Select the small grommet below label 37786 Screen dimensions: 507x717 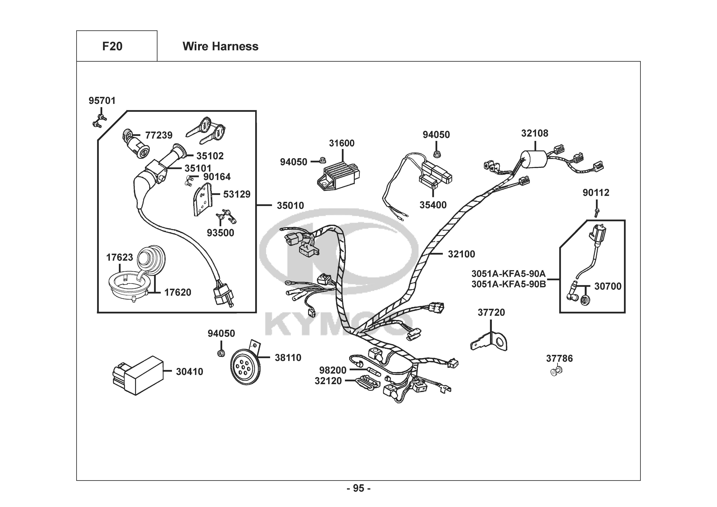555,372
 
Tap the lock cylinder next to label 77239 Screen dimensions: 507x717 135,144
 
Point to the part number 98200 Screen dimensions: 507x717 333,370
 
